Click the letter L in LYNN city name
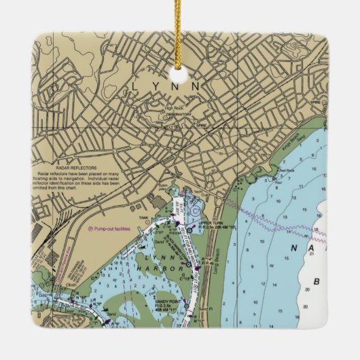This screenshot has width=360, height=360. pos(134,86)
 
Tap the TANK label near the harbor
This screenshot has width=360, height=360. pos(143,219)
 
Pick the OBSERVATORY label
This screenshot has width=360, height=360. pos(179,114)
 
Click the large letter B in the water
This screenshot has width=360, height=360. pos(315,281)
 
